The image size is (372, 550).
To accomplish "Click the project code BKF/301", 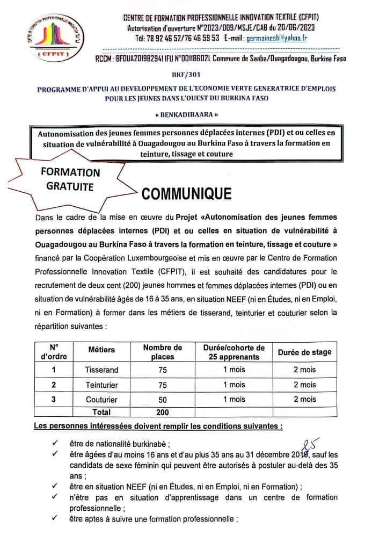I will pos(186,77).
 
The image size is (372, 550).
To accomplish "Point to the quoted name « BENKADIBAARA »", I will pos(186,115).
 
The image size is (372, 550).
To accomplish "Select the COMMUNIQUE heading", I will pos(186,194).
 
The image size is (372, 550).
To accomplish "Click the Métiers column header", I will pos(101,350).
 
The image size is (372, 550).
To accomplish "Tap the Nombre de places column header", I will pos(163,352).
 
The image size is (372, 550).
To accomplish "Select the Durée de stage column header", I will pos(304,352).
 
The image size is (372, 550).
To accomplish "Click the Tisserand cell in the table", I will pos(101,370).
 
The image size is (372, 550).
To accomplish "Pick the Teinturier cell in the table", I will pos(101,385).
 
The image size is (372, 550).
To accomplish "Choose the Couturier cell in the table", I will pos(101,400).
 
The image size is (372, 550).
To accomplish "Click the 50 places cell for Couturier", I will pos(163,400).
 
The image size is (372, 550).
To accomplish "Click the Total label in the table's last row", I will pos(101,412).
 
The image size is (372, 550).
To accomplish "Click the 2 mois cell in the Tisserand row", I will pos(304,370).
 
